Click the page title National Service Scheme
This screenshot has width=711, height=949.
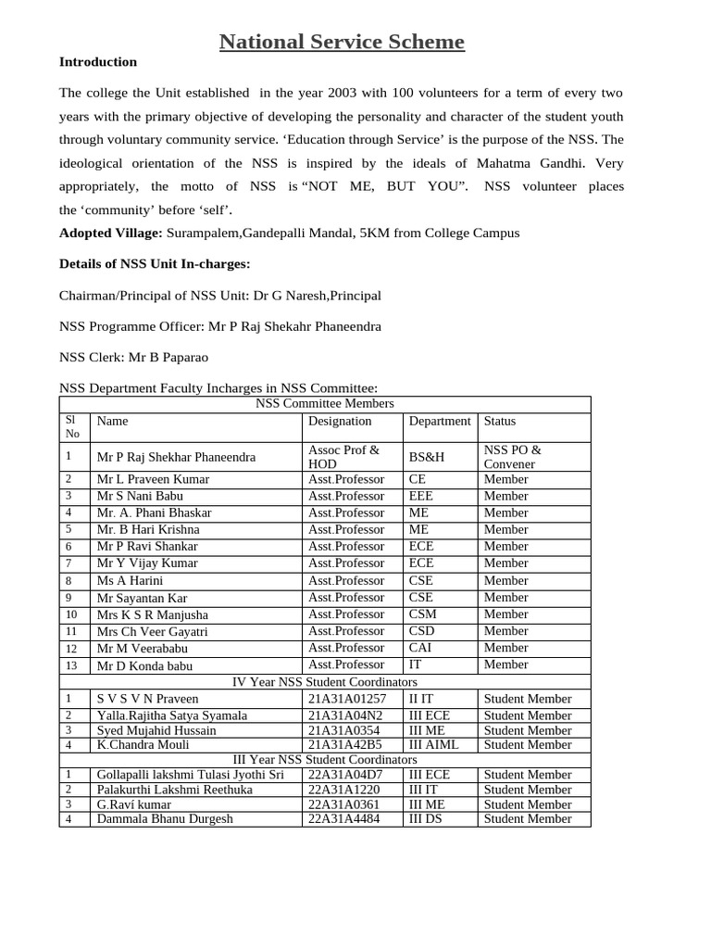coord(342,42)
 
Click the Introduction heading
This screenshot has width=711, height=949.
coord(98,62)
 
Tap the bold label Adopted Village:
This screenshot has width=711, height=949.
coord(111,233)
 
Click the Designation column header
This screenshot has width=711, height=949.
coord(340,421)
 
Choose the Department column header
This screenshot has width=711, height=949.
coord(440,421)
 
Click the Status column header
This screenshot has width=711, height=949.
coord(502,421)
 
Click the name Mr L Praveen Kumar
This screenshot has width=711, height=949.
coord(153,479)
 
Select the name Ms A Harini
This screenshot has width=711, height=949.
coord(130,581)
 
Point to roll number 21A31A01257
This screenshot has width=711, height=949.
coord(347,699)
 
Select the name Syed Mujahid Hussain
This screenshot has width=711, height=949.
coord(156,730)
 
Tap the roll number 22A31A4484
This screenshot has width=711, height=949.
coord(343,818)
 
